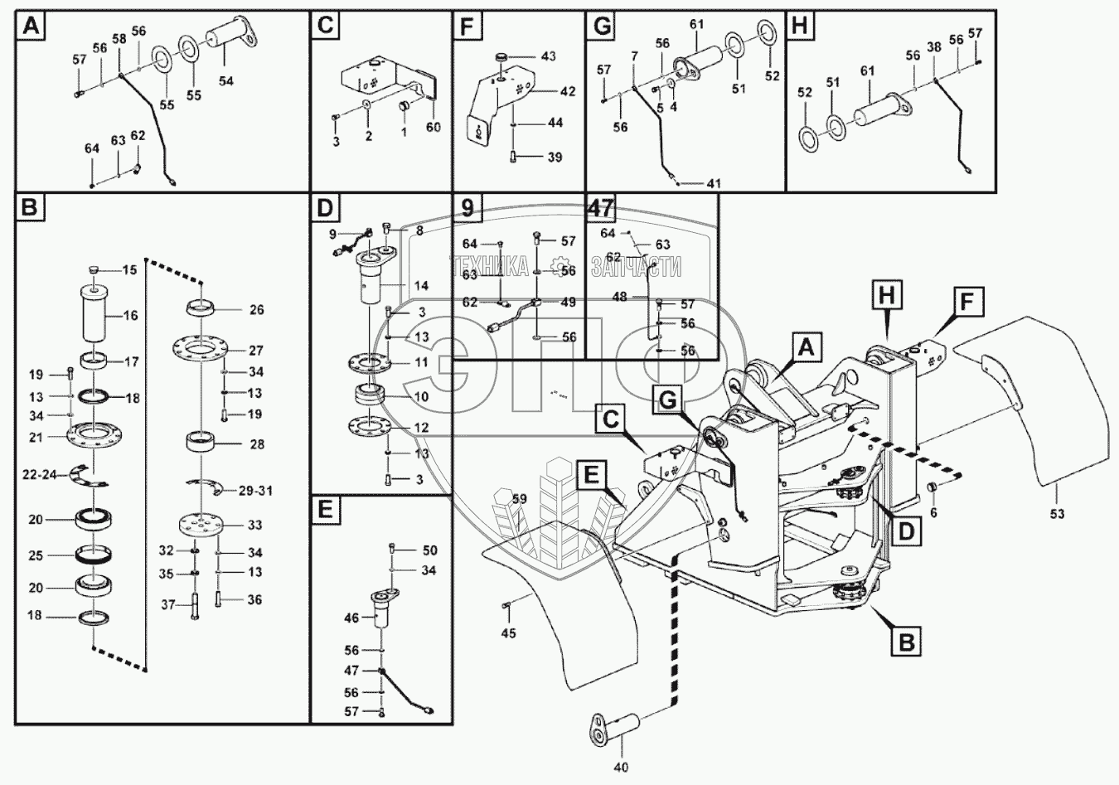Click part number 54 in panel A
click(x=225, y=81)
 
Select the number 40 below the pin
click(x=621, y=767)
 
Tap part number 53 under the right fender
click(x=1057, y=514)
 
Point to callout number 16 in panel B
click(x=130, y=315)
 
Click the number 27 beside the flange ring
click(x=256, y=351)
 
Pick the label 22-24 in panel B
click(x=41, y=475)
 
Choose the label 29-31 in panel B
click(x=256, y=492)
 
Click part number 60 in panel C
click(x=434, y=128)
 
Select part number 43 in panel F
click(x=548, y=56)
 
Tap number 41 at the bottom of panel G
click(x=714, y=184)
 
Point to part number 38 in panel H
click(x=933, y=47)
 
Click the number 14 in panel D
click(x=421, y=286)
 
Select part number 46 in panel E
click(x=351, y=618)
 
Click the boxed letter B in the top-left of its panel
click(x=30, y=206)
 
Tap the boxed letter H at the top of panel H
click(x=800, y=25)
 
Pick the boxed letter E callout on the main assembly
click(x=591, y=475)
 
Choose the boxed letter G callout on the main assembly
click(x=668, y=400)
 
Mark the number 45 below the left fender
click(x=509, y=633)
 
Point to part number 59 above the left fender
click(x=520, y=499)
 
